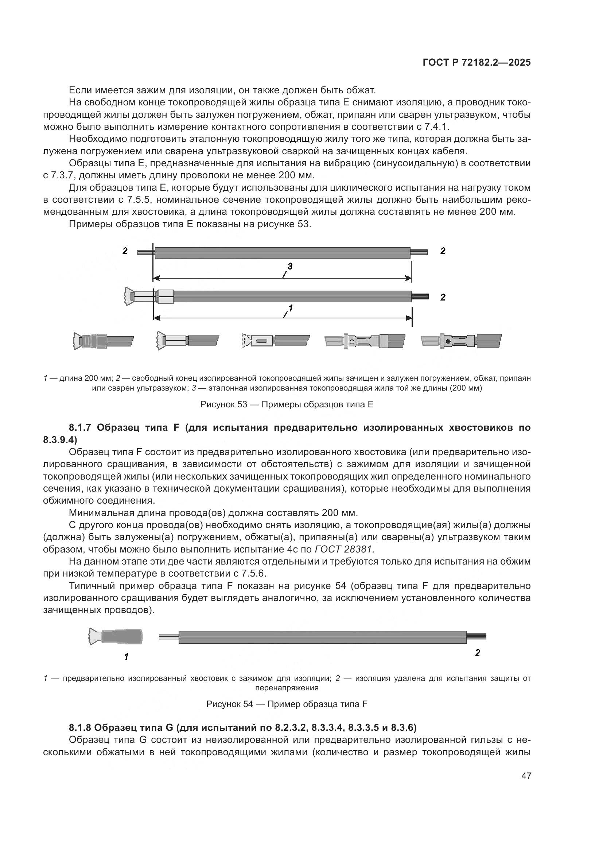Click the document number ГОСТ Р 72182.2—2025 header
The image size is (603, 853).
(476, 63)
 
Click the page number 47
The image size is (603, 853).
(526, 776)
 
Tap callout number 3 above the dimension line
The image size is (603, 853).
(290, 266)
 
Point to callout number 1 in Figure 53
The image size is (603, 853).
(291, 308)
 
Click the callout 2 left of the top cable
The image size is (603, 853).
(125, 251)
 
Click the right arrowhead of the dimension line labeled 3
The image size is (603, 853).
(408, 278)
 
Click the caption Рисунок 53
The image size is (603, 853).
(287, 404)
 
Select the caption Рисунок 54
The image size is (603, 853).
(287, 704)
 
